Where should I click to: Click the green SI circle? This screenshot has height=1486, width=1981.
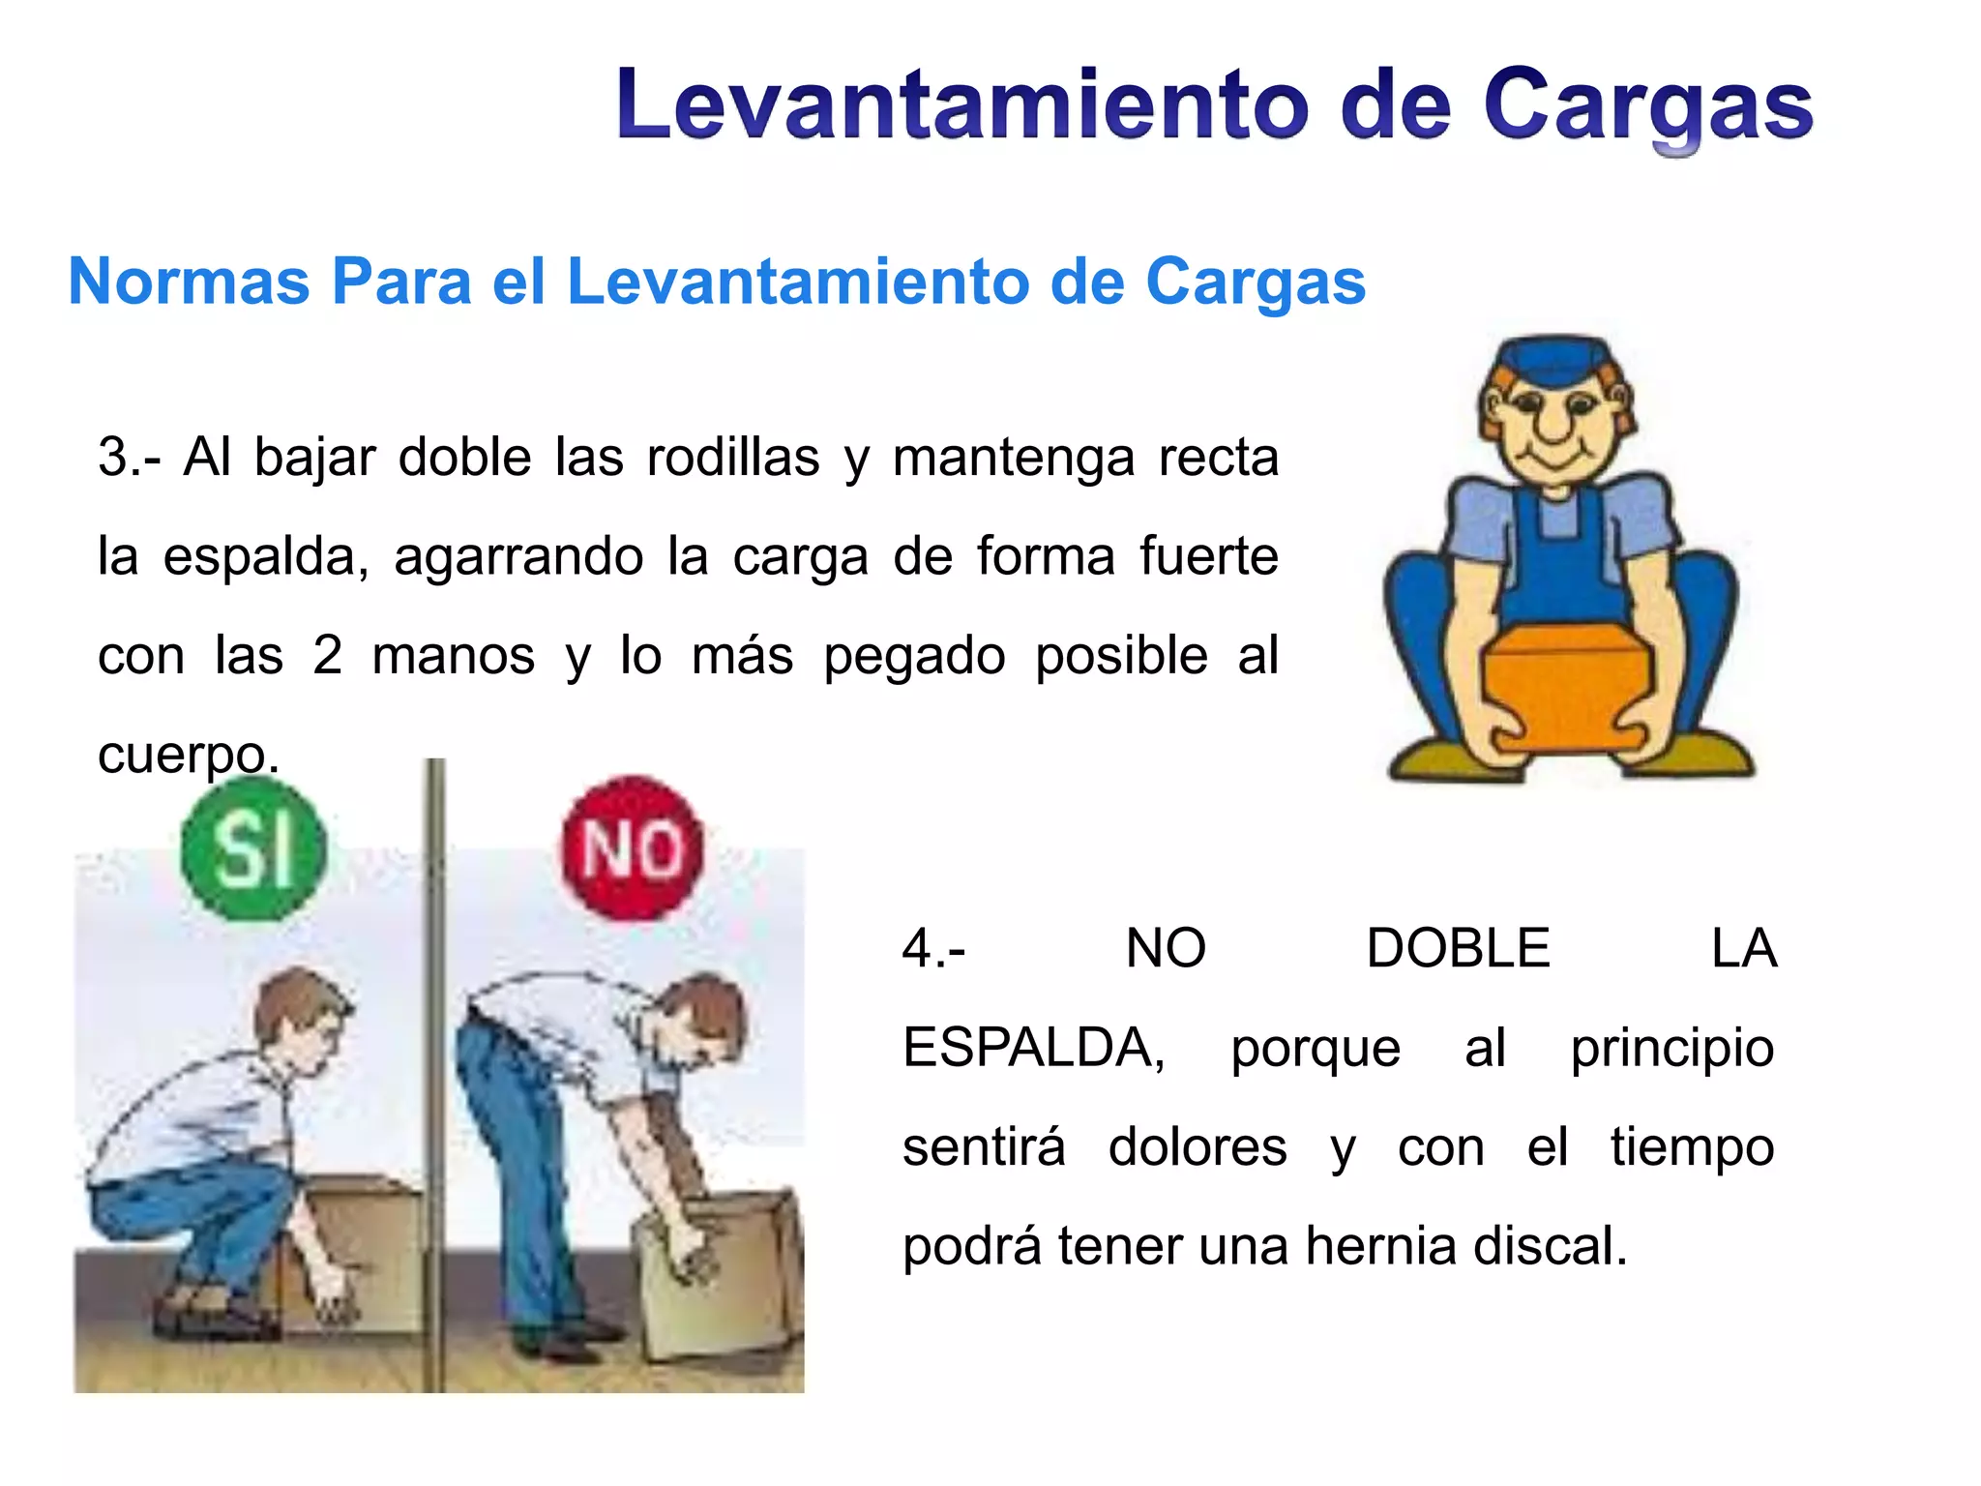[253, 847]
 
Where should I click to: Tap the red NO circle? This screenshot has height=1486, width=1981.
[634, 848]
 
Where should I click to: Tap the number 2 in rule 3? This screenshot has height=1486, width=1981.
[328, 655]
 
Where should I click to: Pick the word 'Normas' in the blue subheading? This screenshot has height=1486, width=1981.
[190, 282]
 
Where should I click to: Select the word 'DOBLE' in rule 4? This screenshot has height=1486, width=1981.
[1459, 948]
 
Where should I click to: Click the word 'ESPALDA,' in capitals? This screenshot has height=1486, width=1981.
[1034, 1049]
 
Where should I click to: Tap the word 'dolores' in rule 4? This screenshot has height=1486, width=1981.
[1197, 1146]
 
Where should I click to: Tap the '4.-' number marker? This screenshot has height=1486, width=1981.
[933, 948]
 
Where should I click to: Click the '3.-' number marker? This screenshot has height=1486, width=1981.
[130, 457]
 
